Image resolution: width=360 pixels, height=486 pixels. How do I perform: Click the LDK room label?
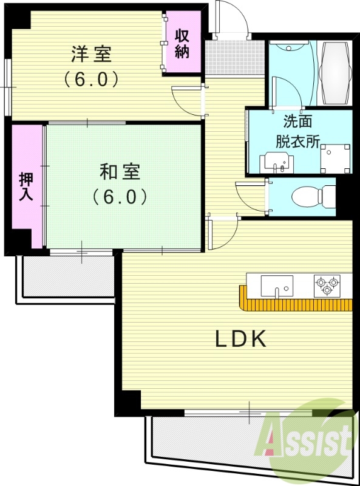coord(242,339)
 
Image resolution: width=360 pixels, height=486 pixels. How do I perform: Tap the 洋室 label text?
coord(91,55)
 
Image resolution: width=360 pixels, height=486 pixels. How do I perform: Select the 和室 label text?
coord(120,173)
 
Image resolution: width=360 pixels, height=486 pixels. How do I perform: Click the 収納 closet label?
coord(182,43)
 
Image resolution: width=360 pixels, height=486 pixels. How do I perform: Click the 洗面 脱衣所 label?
coord(297,131)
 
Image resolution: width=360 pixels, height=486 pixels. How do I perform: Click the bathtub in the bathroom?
coord(335,73)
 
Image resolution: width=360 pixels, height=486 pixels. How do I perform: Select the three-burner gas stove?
coord(327,285)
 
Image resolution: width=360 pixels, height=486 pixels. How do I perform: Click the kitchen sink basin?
coord(276,286)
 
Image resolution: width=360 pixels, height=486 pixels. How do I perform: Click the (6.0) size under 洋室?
coord(91,79)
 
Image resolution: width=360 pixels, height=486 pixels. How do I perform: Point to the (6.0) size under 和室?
coord(120,197)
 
